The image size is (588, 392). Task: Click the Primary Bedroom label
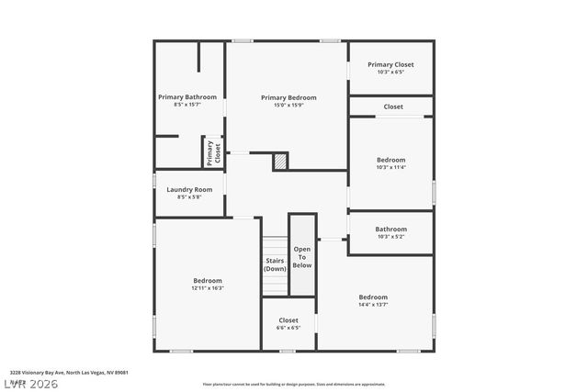tap(288, 97)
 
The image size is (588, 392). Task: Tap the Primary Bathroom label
tap(187, 97)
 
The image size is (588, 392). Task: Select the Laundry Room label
tap(189, 189)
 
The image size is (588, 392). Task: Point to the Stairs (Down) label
tap(276, 264)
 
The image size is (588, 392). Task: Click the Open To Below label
tap(302, 257)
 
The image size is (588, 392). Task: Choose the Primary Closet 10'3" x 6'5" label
tap(390, 64)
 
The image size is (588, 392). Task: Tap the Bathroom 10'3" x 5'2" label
tap(390, 230)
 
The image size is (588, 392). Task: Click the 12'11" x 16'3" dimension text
tap(208, 288)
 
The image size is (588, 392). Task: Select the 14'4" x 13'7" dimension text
tap(373, 305)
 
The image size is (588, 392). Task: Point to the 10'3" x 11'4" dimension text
tap(390, 167)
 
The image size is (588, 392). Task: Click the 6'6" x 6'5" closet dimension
tap(288, 328)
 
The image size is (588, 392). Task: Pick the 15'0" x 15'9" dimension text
tap(288, 106)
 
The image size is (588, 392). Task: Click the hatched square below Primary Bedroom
tap(280, 162)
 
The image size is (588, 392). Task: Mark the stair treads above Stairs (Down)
tap(276, 246)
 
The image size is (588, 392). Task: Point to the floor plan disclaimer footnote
tap(294, 385)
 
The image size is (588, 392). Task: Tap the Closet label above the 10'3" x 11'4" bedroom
tap(393, 106)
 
